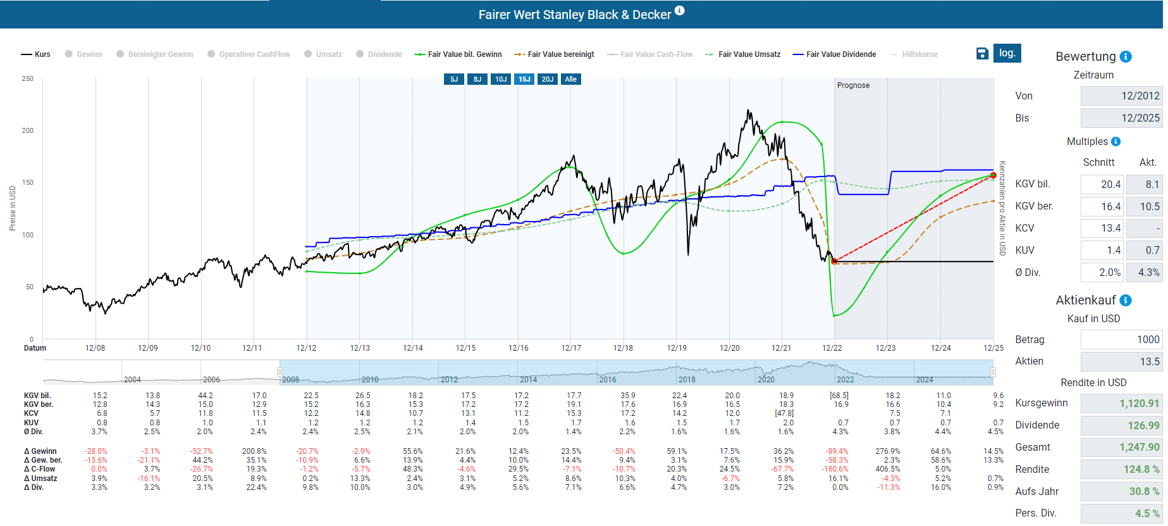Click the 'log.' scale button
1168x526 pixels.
click(1007, 53)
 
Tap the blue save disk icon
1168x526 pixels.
click(982, 54)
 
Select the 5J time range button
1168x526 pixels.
click(454, 79)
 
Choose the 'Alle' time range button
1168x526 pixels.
click(570, 79)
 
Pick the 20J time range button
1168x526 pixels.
click(548, 79)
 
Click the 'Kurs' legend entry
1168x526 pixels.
click(36, 54)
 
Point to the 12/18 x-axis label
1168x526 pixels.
click(623, 348)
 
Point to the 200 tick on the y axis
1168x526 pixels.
click(28, 130)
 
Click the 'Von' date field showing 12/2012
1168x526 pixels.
click(1121, 96)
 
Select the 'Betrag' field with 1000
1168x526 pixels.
click(1121, 339)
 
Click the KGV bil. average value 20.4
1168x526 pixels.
click(1102, 184)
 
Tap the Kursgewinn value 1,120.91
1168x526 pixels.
click(1121, 403)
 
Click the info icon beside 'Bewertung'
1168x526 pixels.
click(1126, 56)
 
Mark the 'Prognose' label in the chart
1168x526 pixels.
click(853, 85)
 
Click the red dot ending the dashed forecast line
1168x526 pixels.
click(993, 175)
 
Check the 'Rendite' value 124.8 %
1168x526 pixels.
click(1121, 470)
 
